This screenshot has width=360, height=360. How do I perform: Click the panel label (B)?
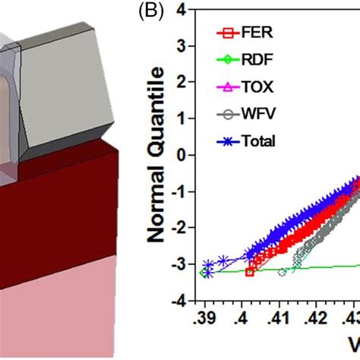point(128,13)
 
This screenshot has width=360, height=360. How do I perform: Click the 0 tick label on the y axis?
point(181,156)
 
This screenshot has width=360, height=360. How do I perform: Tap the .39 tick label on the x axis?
point(204,316)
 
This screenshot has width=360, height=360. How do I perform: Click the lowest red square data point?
point(249,272)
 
